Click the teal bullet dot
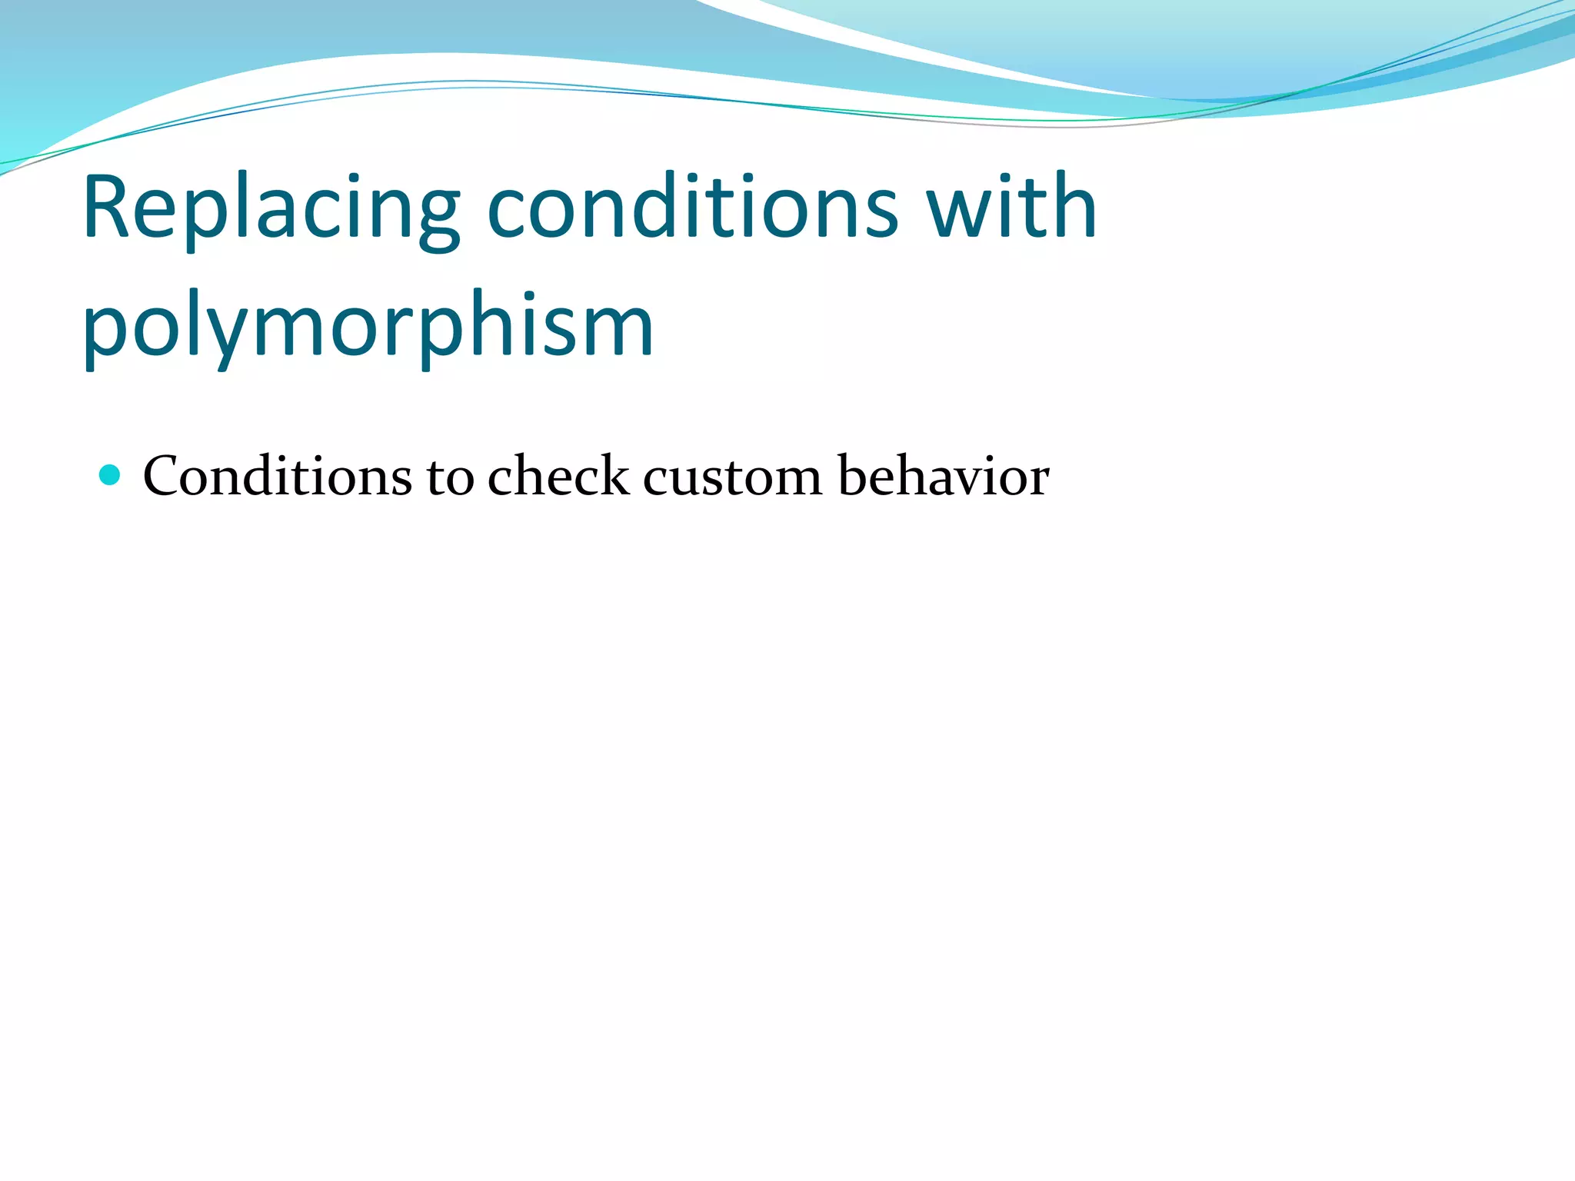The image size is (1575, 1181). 111,474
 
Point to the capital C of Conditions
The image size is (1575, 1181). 161,477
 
